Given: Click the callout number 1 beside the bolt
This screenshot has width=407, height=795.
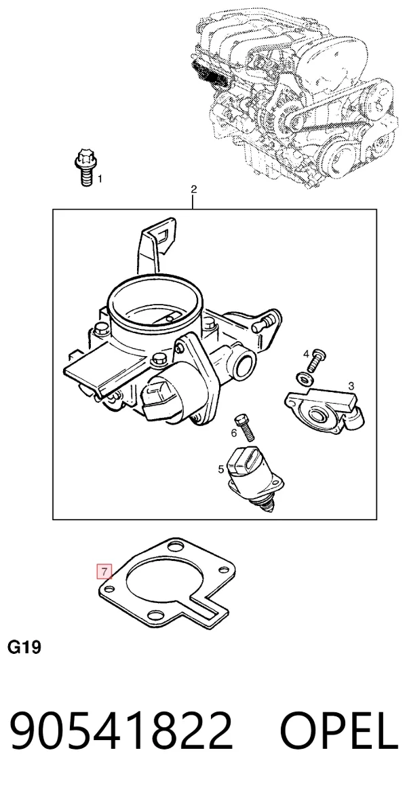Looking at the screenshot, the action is (100, 178).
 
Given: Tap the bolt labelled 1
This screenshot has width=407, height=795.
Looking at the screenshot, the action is (83, 168).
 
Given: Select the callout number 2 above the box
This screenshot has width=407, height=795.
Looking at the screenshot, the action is (193, 190).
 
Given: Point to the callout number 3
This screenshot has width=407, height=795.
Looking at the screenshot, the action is (350, 386).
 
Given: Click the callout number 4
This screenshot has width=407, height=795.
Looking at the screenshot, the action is (306, 354).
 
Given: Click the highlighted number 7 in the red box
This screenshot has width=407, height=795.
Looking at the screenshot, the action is (104, 572).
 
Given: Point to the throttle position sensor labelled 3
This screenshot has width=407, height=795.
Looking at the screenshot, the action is (326, 412).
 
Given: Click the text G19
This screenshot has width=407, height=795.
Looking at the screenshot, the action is (24, 647).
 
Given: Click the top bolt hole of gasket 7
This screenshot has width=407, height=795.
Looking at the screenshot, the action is (175, 547).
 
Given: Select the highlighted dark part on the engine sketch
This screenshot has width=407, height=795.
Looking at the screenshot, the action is (210, 71).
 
